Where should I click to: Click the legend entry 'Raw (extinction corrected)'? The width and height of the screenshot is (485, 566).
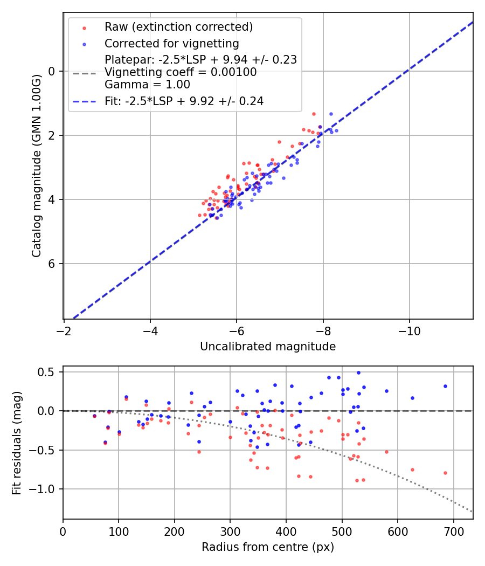(178, 27)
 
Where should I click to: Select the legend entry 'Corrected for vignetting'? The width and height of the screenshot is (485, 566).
(171, 43)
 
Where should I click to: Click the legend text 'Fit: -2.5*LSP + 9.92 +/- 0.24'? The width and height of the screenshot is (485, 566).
(184, 101)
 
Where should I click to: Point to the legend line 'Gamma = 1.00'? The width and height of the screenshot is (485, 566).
(147, 85)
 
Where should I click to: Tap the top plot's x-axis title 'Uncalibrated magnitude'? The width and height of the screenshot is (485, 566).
(268, 347)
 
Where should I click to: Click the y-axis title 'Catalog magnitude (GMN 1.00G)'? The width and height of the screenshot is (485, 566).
(37, 165)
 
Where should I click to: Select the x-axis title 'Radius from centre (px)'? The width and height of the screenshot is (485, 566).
(268, 547)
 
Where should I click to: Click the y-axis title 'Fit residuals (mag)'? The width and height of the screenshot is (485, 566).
(17, 443)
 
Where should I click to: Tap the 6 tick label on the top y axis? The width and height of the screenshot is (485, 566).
(52, 264)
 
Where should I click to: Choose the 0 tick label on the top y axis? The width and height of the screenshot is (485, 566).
(52, 71)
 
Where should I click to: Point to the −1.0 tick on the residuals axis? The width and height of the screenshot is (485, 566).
(45, 489)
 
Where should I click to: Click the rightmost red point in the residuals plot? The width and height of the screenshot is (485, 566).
(445, 473)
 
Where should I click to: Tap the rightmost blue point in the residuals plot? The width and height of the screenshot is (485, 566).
(445, 386)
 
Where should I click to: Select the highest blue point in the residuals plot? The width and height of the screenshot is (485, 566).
(358, 372)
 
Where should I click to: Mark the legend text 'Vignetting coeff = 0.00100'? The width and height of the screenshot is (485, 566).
(181, 72)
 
